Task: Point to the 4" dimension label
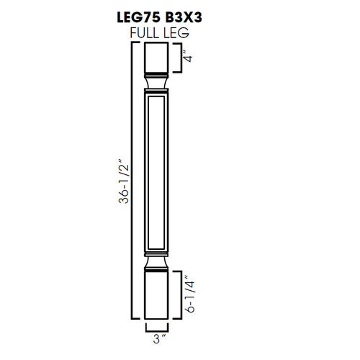pos(189,56)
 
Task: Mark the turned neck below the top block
pos(160,84)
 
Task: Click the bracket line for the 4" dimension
pos(179,57)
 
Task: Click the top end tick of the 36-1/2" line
pos(136,43)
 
